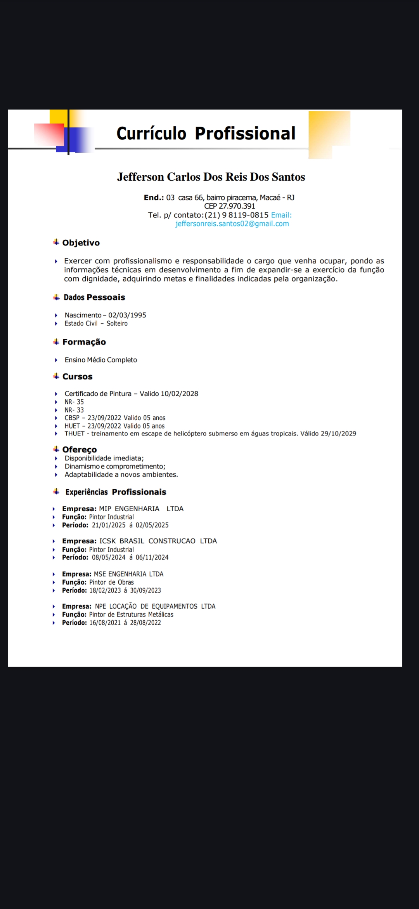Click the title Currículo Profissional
coord(206,133)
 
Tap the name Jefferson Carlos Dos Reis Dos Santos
coord(211,177)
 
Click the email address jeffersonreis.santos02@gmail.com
coord(232,224)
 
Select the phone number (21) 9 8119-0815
coord(237,215)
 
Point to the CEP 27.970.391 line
coord(230,206)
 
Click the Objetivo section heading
coord(81,243)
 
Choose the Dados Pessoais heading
coord(94,297)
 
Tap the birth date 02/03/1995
coord(127,315)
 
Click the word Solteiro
coord(117,323)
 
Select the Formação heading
coord(84,342)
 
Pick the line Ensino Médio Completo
coord(101,360)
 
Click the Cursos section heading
coord(77,376)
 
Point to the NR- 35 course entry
coord(74,402)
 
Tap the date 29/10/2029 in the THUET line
coord(338,434)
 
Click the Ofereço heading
coord(80,449)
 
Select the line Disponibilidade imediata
coord(104,458)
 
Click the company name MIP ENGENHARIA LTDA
coord(141,509)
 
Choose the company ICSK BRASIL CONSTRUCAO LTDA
coord(158,541)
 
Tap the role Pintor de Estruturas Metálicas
coord(131,615)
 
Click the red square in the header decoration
coord(49,134)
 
